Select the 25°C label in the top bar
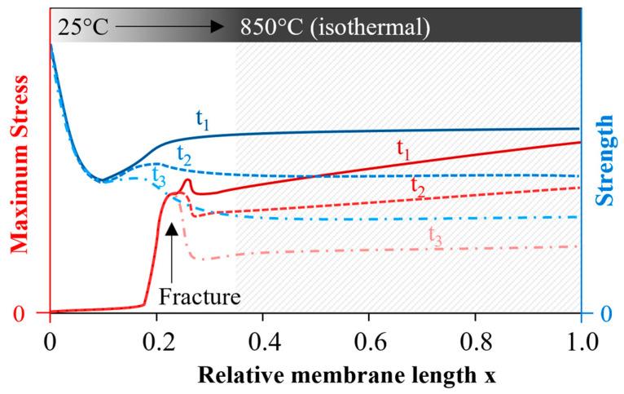82,26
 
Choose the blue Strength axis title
606,164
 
